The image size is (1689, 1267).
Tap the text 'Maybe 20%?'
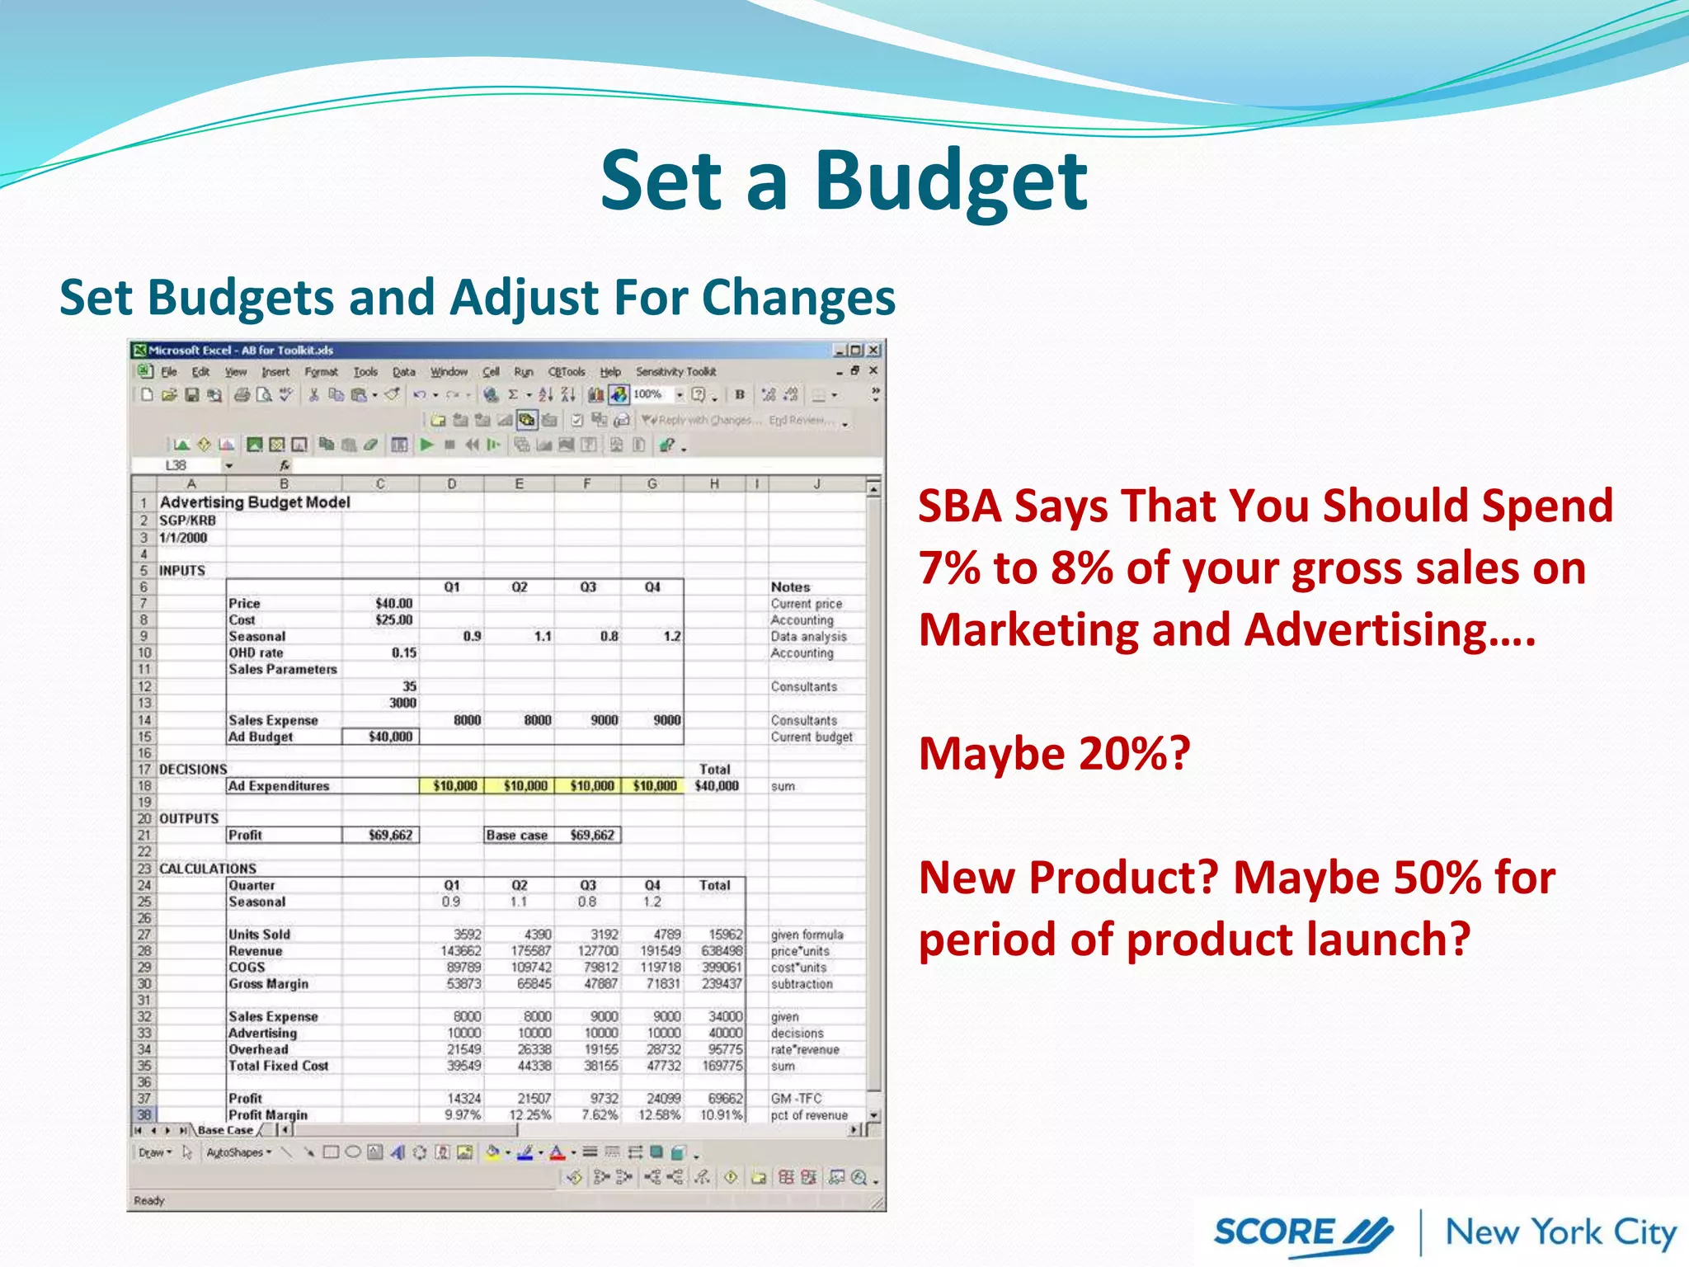click(1054, 754)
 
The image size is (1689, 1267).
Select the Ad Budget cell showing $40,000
click(381, 737)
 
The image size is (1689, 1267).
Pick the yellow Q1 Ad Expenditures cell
click(453, 786)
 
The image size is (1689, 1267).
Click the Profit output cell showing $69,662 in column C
click(381, 836)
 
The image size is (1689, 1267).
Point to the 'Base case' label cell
click(517, 836)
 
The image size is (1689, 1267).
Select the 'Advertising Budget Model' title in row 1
click(255, 502)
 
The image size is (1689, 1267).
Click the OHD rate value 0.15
click(403, 653)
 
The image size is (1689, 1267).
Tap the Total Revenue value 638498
click(722, 951)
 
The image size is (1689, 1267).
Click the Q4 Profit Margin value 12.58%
click(659, 1115)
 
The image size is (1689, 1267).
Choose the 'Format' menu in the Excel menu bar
click(321, 372)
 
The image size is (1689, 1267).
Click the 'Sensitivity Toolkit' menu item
click(675, 372)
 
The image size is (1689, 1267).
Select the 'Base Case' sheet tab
click(225, 1131)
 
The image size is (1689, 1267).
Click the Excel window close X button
click(873, 351)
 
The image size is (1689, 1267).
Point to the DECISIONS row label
click(193, 770)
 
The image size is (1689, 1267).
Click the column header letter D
click(452, 484)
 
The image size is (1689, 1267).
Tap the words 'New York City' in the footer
click(1560, 1232)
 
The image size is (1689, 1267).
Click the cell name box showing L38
click(176, 466)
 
